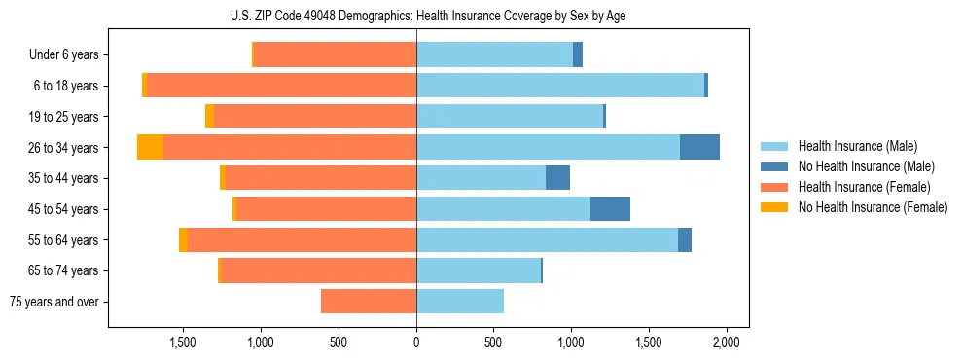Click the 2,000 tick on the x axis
pyautogui.click(x=726, y=342)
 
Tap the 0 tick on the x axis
pyautogui.click(x=416, y=342)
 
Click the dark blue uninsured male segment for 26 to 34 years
pyautogui.click(x=699, y=147)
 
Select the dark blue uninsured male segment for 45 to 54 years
pyautogui.click(x=610, y=208)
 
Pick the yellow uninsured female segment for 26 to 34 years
pyautogui.click(x=150, y=147)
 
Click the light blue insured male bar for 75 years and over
pyautogui.click(x=460, y=302)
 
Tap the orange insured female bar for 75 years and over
pyautogui.click(x=369, y=302)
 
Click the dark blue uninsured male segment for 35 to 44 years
pyautogui.click(x=557, y=178)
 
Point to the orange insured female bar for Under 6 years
pyautogui.click(x=335, y=54)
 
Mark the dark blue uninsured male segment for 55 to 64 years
pyautogui.click(x=685, y=239)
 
